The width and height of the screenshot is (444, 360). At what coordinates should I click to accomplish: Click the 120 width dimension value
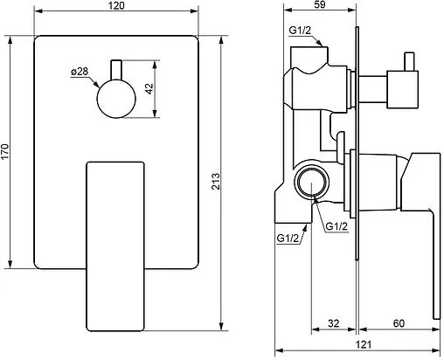pyautogui.click(x=116, y=5)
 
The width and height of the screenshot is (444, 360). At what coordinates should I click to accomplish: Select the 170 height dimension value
pyautogui.click(x=5, y=152)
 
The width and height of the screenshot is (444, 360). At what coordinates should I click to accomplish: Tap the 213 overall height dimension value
pyautogui.click(x=216, y=181)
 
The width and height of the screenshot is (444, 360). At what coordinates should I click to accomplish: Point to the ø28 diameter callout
pyautogui.click(x=80, y=72)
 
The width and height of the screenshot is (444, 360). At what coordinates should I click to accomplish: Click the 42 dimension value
pyautogui.click(x=149, y=88)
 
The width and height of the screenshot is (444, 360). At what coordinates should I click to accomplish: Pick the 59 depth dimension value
pyautogui.click(x=320, y=4)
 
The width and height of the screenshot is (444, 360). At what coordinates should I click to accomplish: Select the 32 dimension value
pyautogui.click(x=334, y=323)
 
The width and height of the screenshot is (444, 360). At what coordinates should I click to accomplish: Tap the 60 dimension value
pyautogui.click(x=399, y=323)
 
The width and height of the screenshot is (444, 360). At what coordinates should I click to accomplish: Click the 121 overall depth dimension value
pyautogui.click(x=364, y=345)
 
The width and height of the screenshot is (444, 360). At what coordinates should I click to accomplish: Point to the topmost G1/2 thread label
pyautogui.click(x=300, y=31)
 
